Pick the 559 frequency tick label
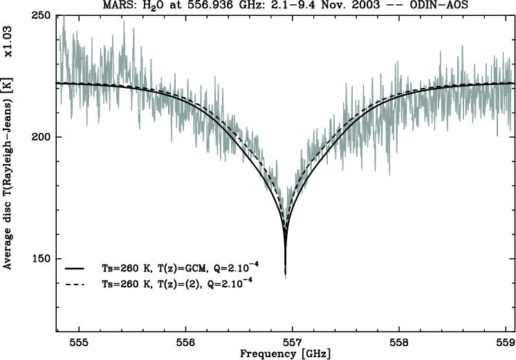(x=506, y=342)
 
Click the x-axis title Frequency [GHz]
(x=285, y=353)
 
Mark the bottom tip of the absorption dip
(x=285, y=276)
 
